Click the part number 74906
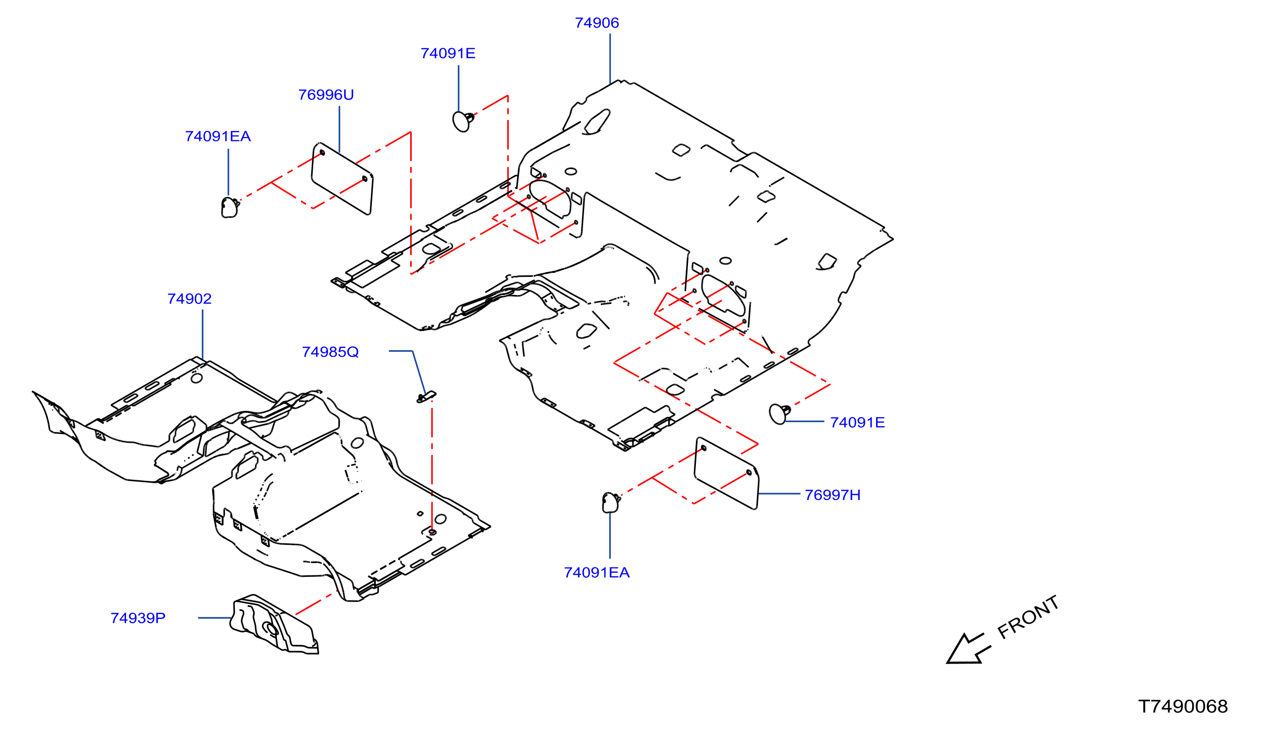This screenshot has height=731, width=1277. point(596,23)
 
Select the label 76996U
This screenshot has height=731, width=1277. point(326,95)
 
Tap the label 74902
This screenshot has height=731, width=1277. point(189,299)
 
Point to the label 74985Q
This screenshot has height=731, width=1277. point(330,352)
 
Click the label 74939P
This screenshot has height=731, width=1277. point(138,618)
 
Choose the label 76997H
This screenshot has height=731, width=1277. point(832,495)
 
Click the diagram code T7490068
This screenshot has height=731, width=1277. point(1183,706)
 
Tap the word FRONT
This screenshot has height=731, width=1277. point(1027,617)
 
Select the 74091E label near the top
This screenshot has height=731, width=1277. point(448,53)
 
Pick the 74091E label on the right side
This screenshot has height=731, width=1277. point(857,423)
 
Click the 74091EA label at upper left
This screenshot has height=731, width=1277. point(218,136)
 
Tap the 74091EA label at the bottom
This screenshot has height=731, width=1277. point(596,572)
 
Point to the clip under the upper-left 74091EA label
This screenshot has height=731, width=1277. point(230,207)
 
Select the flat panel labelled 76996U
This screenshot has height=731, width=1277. point(342,179)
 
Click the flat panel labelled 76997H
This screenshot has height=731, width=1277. point(726,473)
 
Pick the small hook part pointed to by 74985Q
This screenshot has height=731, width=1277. point(426,397)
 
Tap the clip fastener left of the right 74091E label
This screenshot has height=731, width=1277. point(780,414)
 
